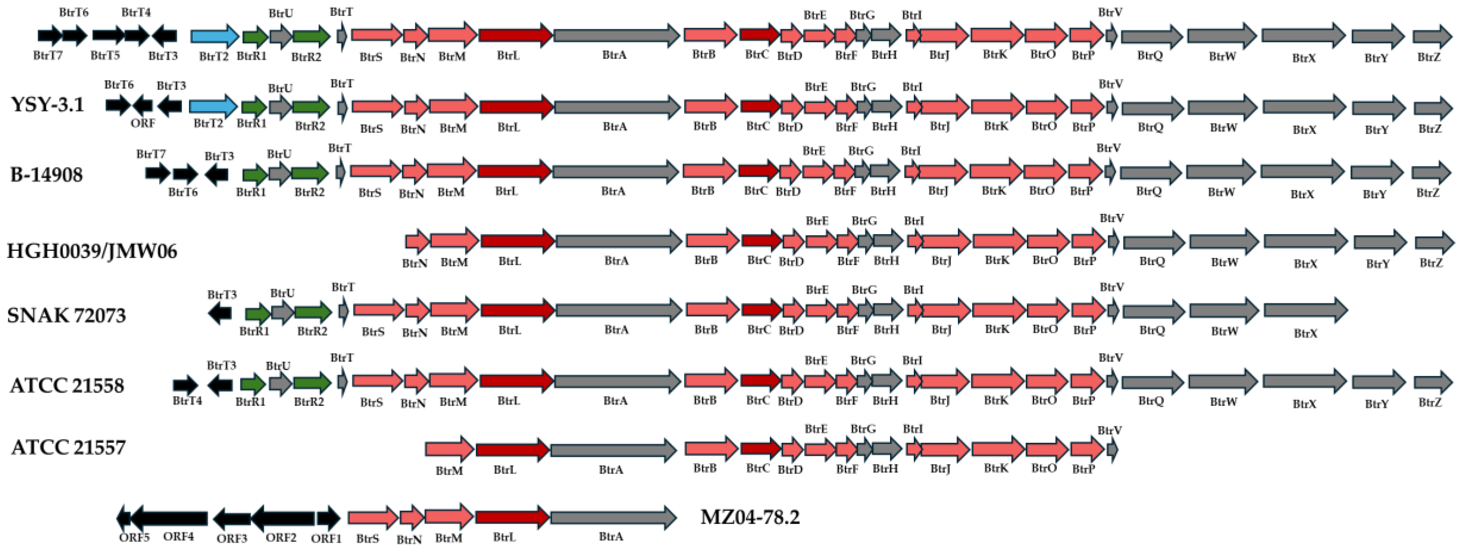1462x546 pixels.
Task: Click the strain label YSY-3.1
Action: (x=47, y=104)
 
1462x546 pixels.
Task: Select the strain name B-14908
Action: (x=46, y=174)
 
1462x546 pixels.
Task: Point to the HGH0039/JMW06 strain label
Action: (x=92, y=250)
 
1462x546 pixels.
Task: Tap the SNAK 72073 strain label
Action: (x=66, y=315)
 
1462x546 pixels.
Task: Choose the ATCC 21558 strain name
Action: (x=67, y=385)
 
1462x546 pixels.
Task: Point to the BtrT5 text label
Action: (x=105, y=56)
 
